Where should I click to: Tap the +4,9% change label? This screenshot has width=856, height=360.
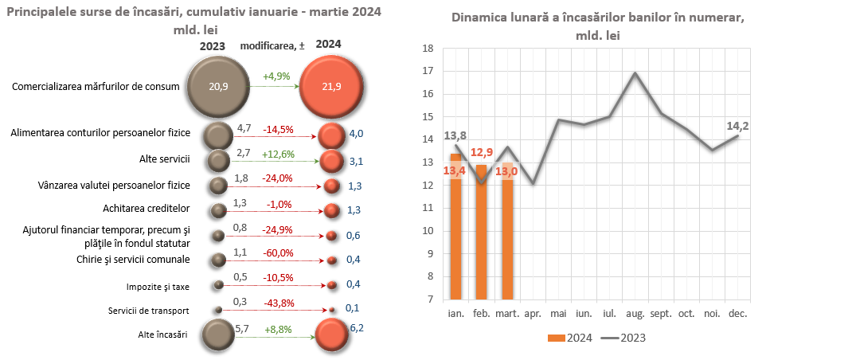(276, 77)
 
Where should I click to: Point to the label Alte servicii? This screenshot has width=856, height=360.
(164, 159)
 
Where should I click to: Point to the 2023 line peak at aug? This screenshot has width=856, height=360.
(635, 72)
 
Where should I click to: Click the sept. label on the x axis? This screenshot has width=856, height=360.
(660, 314)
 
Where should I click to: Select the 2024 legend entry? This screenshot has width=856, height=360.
(569, 338)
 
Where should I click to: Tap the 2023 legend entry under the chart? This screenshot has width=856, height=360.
(623, 338)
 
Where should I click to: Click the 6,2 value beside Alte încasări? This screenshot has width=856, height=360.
(357, 327)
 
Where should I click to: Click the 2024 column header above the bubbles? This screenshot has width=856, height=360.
(328, 45)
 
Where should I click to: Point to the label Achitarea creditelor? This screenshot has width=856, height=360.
(147, 208)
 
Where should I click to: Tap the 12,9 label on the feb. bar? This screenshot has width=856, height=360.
(481, 152)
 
